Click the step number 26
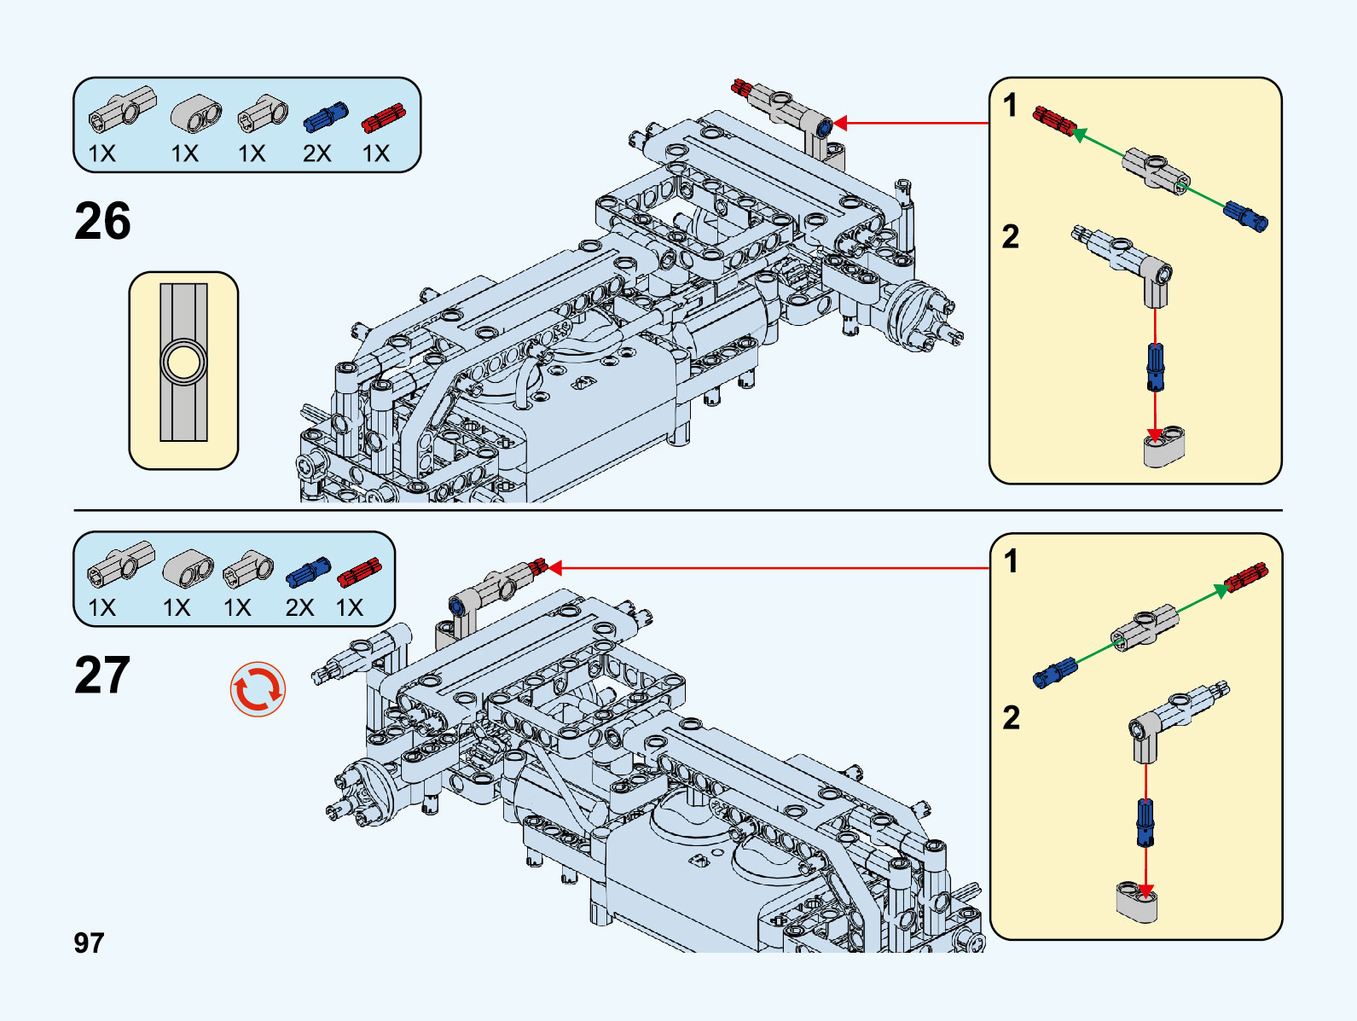click(102, 222)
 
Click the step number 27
click(102, 676)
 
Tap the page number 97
click(89, 943)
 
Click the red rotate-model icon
click(258, 689)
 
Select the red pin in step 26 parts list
click(383, 118)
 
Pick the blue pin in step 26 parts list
click(325, 117)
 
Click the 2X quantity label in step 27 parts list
click(299, 607)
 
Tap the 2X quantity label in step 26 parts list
click(316, 154)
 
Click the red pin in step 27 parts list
click(359, 572)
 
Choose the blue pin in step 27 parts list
click(308, 571)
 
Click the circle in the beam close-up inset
click(183, 363)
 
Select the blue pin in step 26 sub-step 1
click(1246, 216)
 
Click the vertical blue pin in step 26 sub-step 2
click(1155, 367)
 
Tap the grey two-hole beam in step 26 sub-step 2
click(1164, 448)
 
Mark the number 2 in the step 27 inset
click(1012, 717)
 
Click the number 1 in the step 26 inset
click(1011, 106)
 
